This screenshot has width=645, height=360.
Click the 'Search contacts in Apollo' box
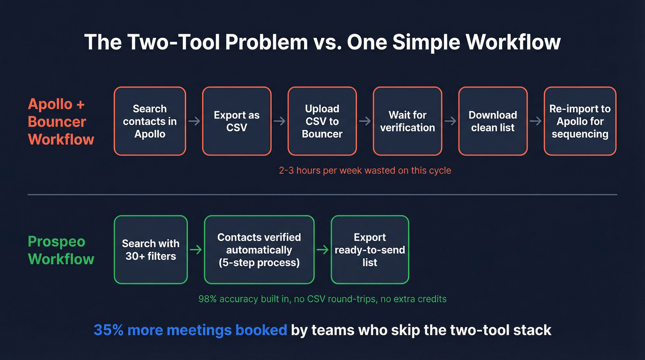(x=150, y=121)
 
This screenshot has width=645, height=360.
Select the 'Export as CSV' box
(x=236, y=121)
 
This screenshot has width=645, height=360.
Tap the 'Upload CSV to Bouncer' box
(x=322, y=121)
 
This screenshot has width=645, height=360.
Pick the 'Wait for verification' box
(x=407, y=121)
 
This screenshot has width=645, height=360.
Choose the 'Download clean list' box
(x=493, y=121)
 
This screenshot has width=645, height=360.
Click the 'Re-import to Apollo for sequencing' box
(x=580, y=121)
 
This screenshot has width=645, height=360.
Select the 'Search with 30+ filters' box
(x=151, y=249)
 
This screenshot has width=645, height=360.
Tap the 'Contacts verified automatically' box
(x=259, y=249)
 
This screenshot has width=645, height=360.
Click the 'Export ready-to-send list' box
(x=369, y=249)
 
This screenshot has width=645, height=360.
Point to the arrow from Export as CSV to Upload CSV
(x=279, y=121)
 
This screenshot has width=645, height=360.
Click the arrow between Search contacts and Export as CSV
(x=194, y=121)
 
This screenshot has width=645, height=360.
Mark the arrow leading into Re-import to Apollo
(x=535, y=121)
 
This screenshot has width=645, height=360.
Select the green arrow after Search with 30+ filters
(x=196, y=249)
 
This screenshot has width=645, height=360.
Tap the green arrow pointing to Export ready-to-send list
(x=322, y=249)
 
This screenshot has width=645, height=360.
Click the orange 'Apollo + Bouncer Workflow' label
(x=61, y=122)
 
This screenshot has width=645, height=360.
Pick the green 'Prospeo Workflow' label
(x=61, y=250)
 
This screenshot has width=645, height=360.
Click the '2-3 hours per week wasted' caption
(x=365, y=171)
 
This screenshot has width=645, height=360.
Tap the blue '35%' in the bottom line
(x=109, y=330)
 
